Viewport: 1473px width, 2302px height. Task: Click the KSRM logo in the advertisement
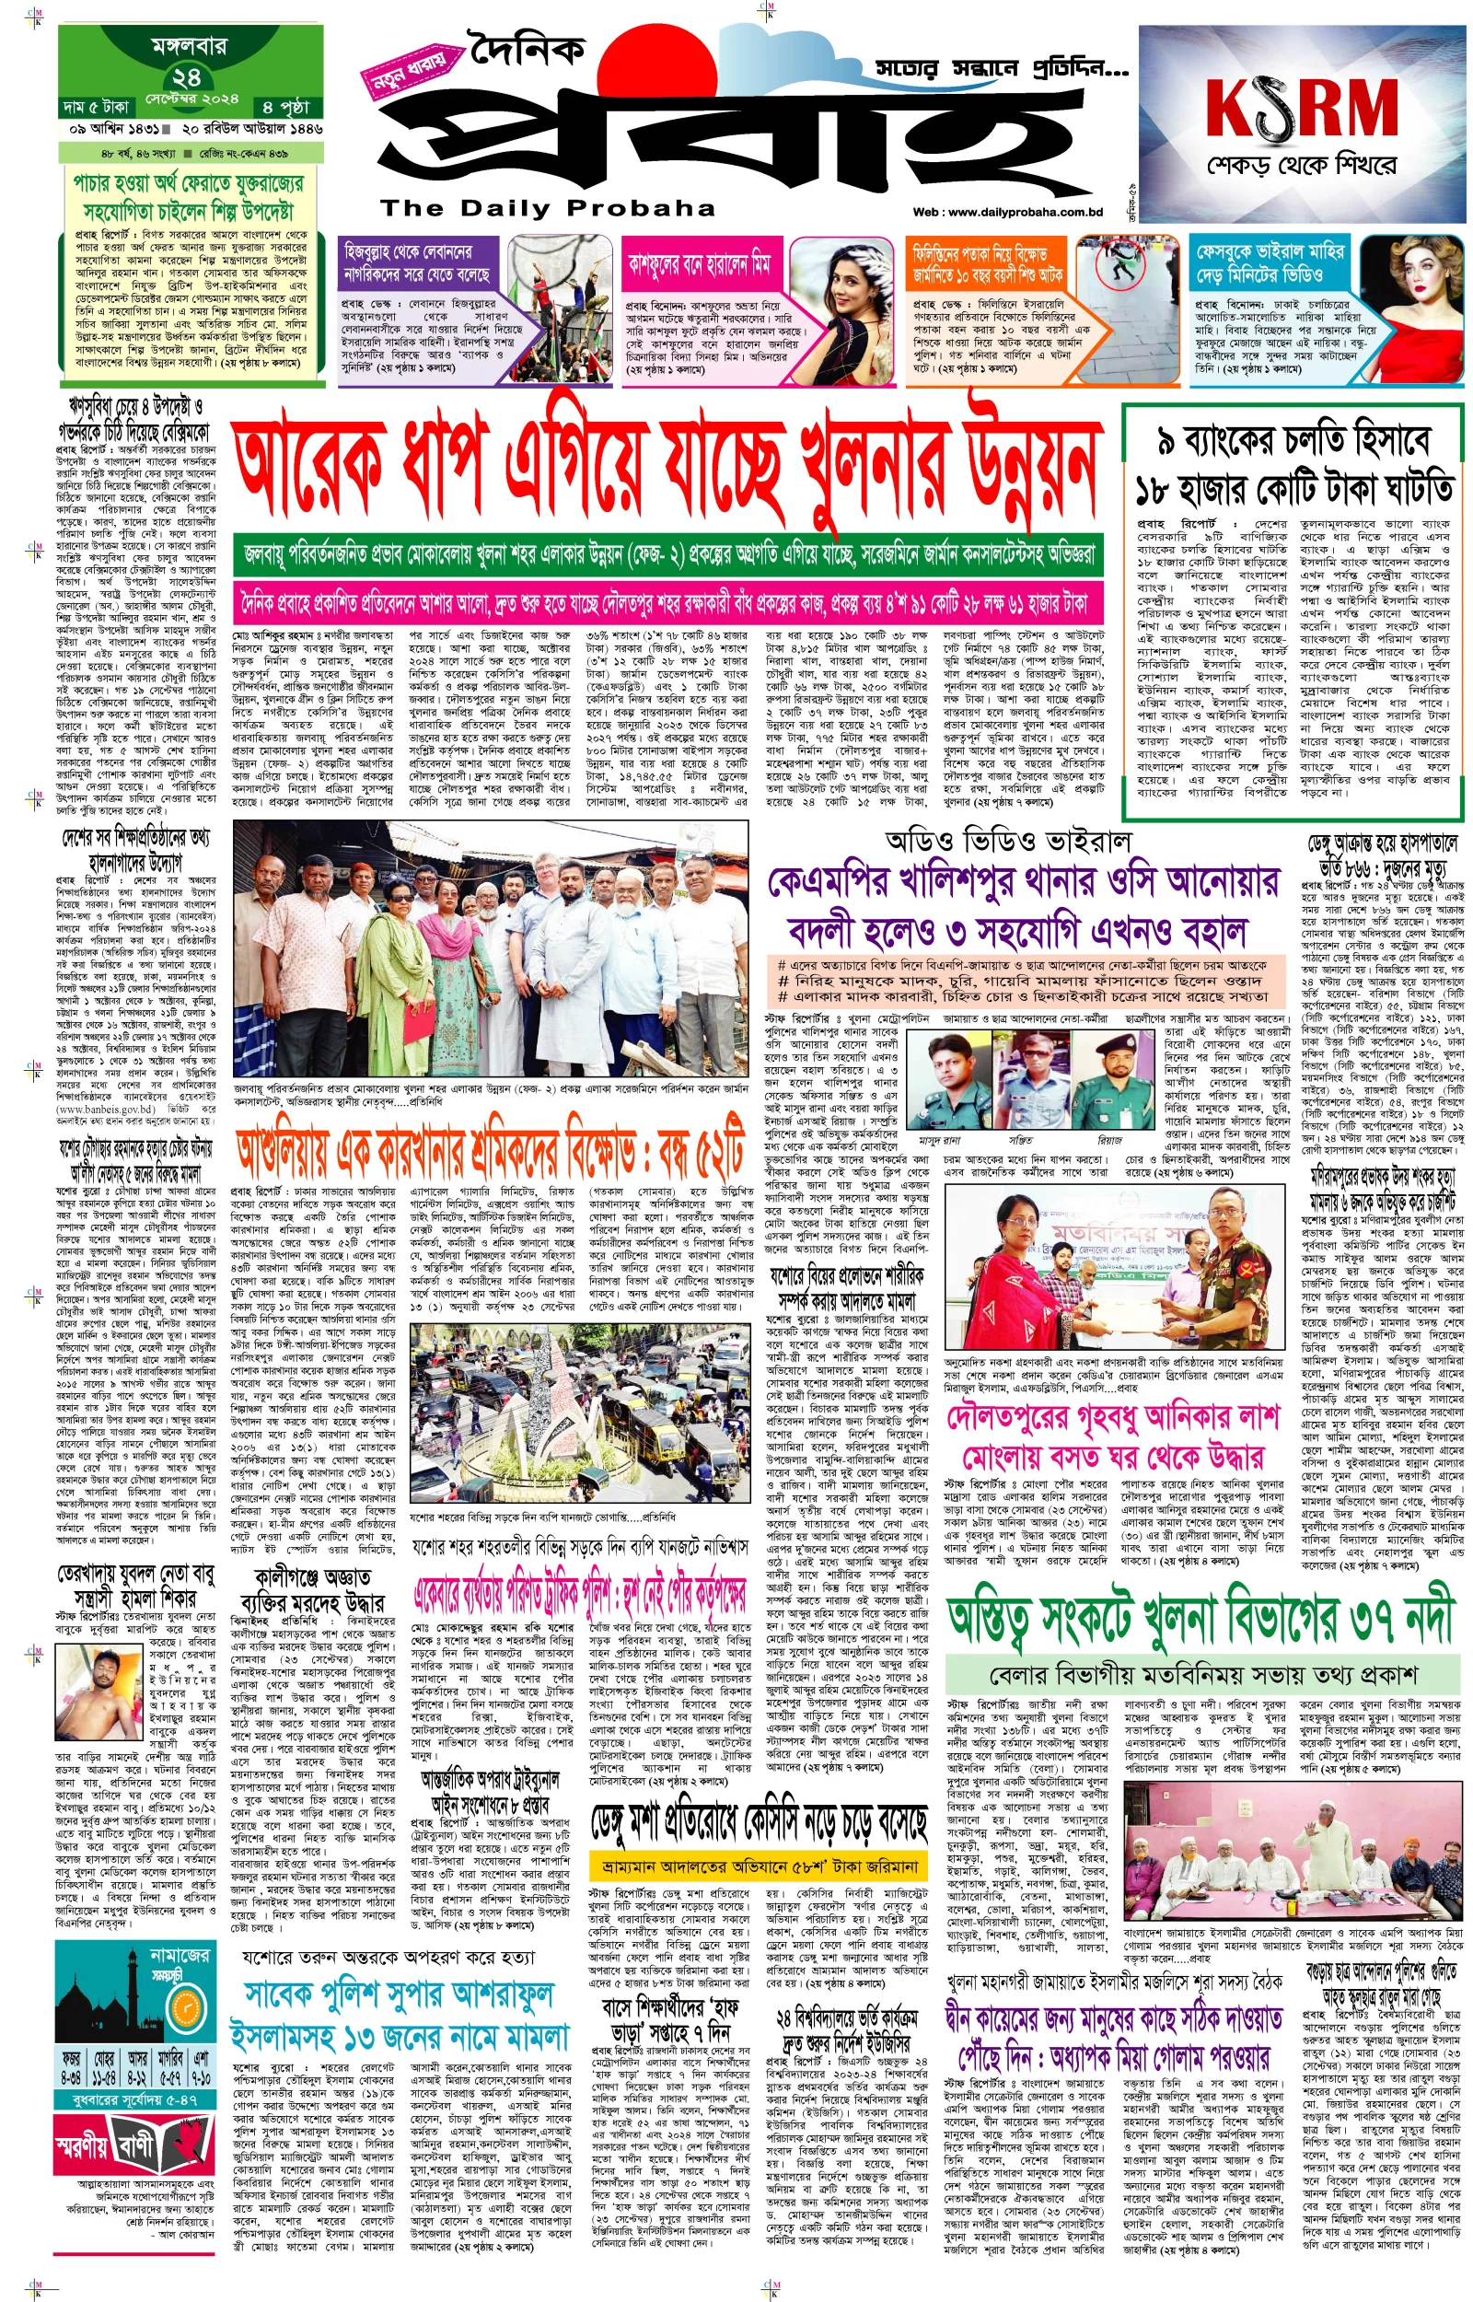coord(1302,107)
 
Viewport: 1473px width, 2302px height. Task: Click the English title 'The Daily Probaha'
coord(547,208)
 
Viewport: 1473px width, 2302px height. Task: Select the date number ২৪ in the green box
coord(188,76)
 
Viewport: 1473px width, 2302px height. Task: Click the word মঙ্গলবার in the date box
coord(188,45)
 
